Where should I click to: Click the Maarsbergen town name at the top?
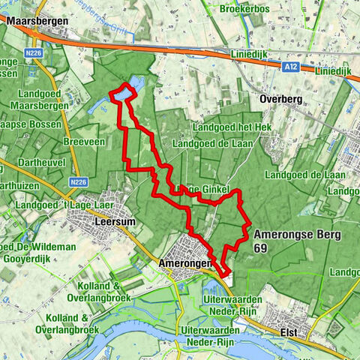click(37, 22)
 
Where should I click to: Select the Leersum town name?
click(115, 223)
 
